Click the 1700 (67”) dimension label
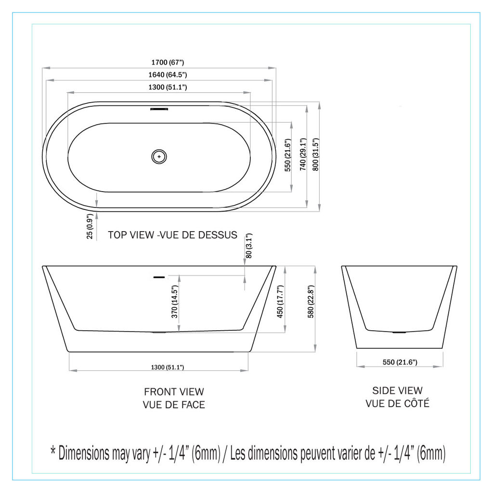pos(168,62)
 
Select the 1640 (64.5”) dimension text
pos(168,75)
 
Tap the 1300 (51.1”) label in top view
pos(168,87)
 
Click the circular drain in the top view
pos(159,156)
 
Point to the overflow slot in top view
pos(159,109)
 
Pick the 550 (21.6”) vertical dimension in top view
pos(288,156)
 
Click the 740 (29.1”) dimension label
pos(303,155)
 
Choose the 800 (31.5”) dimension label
pos(316,155)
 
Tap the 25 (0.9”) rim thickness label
pos(90,226)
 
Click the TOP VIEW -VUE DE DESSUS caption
pos(173,235)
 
